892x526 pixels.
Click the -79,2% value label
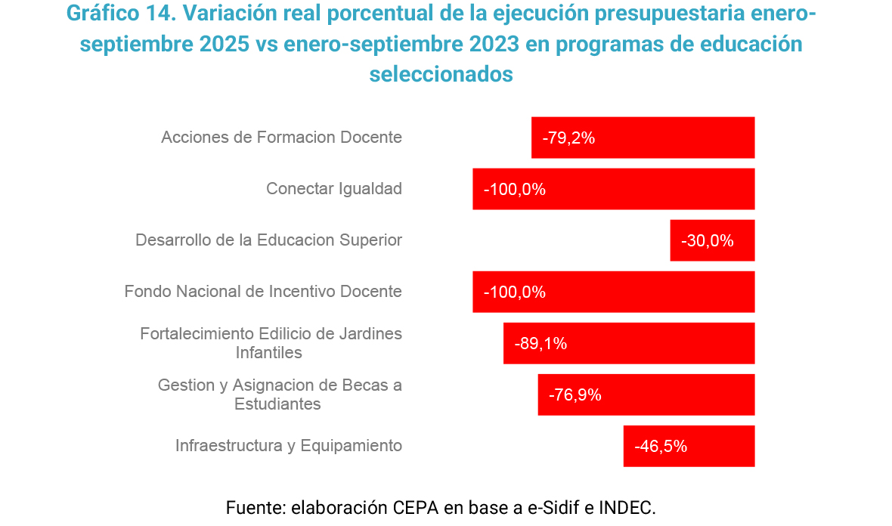568,138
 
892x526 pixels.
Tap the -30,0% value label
707,241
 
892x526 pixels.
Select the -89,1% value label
540,344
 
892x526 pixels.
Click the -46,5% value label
661,447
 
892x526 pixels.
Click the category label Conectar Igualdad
334,189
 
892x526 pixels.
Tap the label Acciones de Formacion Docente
281,138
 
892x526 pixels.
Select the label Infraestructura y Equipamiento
289,446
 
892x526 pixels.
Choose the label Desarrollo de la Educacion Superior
268,240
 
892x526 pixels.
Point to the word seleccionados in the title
441,75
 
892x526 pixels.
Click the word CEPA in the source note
417,506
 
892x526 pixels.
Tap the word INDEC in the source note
625,506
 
